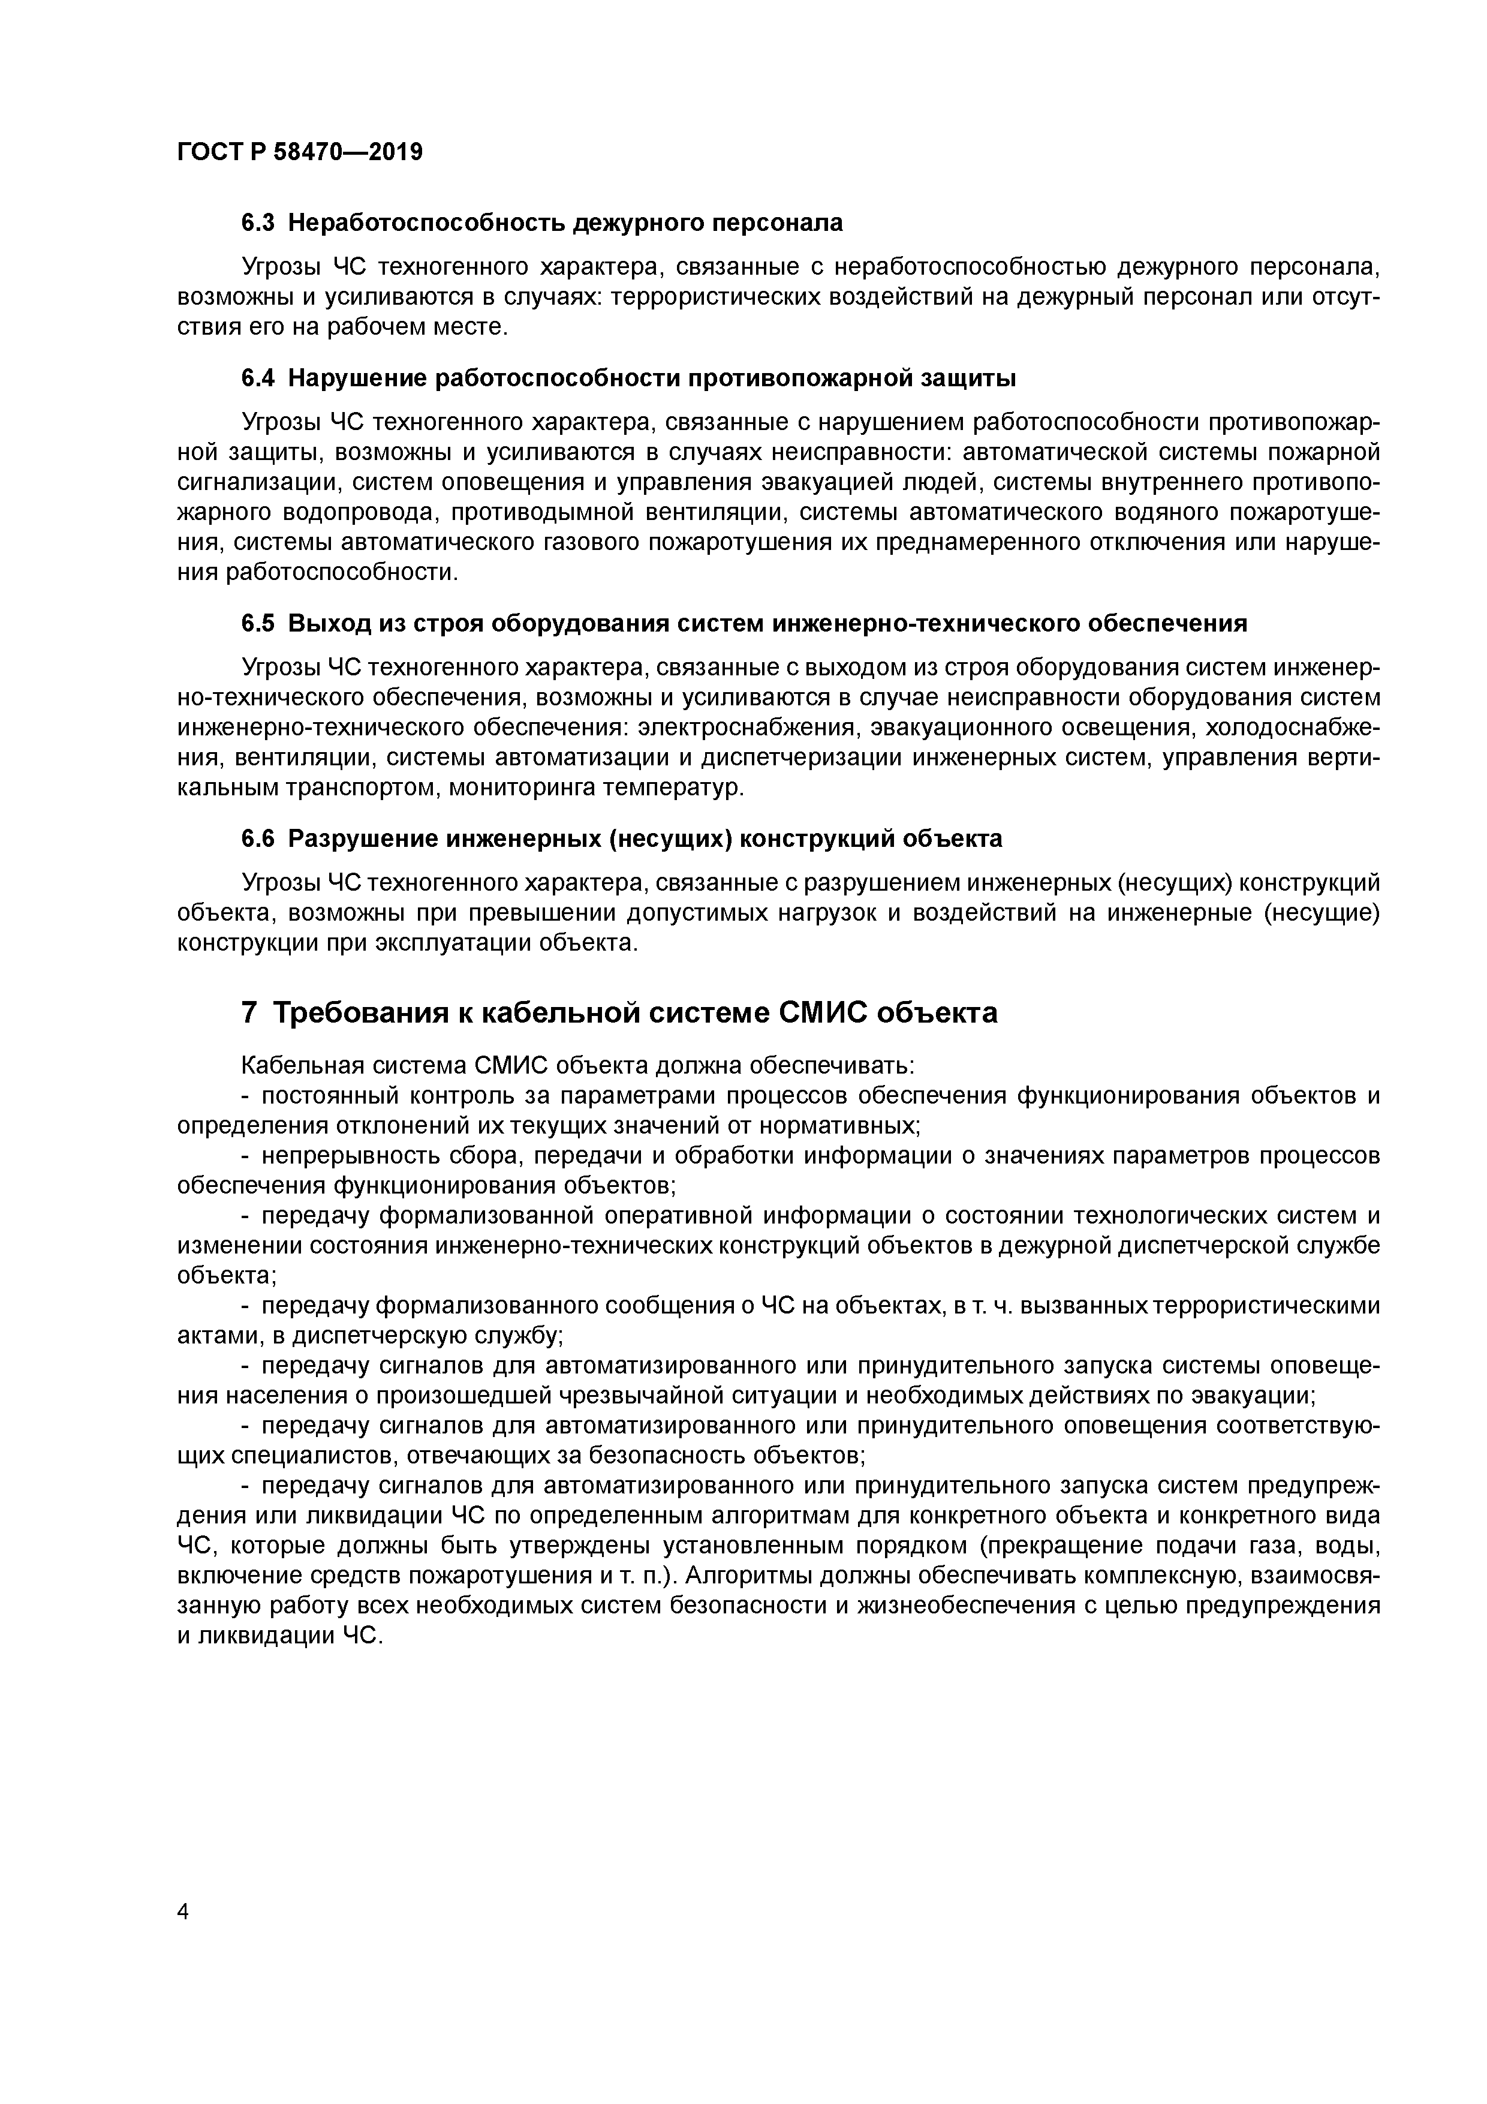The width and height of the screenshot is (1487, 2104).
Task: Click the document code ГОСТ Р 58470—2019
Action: coord(300,152)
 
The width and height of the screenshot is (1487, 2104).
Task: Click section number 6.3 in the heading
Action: coord(258,223)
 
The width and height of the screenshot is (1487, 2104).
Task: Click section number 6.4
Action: coord(258,377)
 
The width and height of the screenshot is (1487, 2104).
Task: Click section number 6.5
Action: coord(258,623)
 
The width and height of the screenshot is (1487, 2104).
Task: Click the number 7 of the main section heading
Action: coord(249,1012)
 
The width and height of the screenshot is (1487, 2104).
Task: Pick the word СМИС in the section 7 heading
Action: coord(822,1012)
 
